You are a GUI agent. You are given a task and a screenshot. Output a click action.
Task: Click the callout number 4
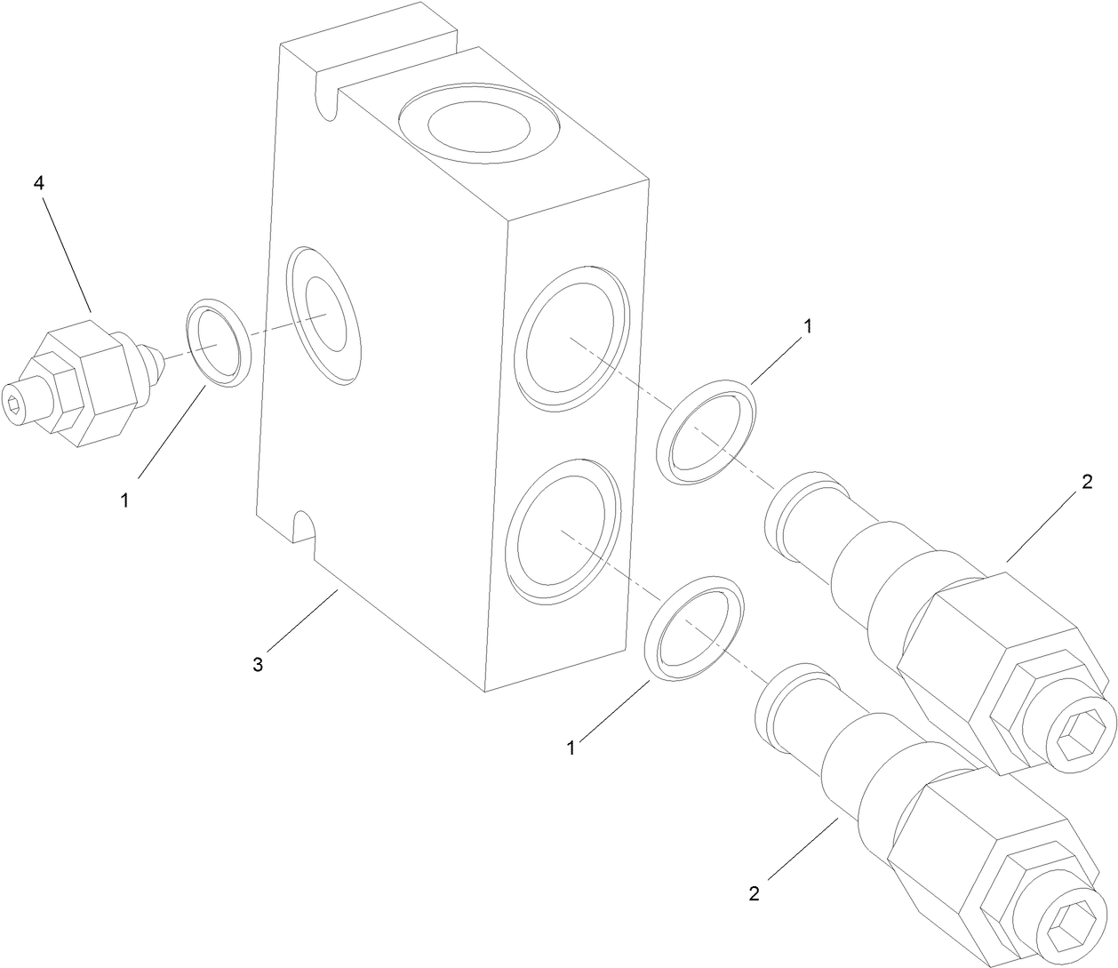(38, 183)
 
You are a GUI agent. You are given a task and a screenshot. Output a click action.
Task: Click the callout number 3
(258, 664)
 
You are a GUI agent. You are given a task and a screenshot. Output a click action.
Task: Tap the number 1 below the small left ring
(124, 500)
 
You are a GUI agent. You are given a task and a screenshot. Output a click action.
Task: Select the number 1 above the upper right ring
(807, 326)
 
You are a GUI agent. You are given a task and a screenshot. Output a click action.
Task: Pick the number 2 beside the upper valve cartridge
(1086, 483)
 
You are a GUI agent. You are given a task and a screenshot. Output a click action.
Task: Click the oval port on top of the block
(478, 128)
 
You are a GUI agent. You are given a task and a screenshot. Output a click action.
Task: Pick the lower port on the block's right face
(562, 532)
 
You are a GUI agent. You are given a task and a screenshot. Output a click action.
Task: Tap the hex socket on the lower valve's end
(1063, 932)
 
